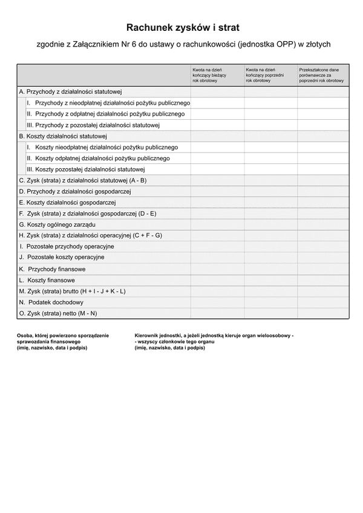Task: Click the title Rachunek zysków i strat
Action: [x=183, y=28]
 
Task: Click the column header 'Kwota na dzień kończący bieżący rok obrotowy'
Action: [x=209, y=75]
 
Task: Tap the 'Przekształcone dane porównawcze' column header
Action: [x=321, y=75]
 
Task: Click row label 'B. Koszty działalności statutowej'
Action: [x=63, y=136]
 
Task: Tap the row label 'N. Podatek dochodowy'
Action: [x=51, y=302]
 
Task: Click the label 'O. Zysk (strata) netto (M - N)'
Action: [x=58, y=313]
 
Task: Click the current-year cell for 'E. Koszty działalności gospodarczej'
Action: [x=217, y=203]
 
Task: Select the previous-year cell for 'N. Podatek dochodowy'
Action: [x=270, y=302]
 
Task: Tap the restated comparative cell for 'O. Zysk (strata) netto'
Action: [x=323, y=313]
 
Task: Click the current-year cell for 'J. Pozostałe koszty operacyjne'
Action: [x=217, y=257]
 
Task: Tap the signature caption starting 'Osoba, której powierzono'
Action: [x=63, y=342]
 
